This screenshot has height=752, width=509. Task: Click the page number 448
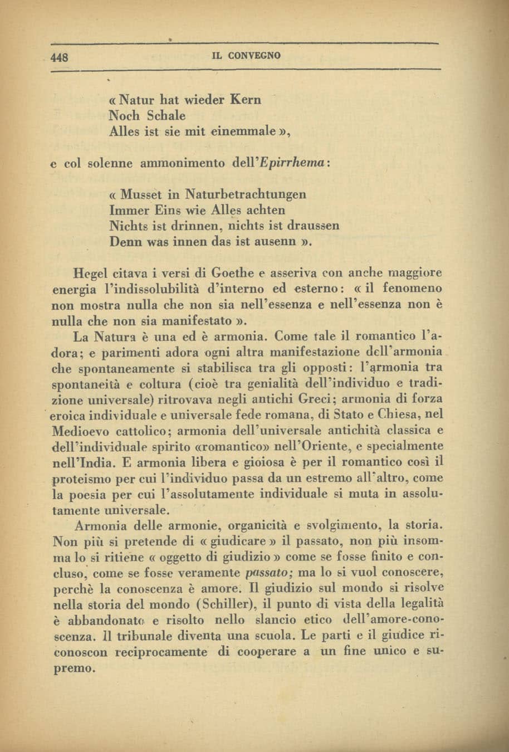click(58, 57)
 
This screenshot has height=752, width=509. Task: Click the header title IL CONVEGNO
click(247, 56)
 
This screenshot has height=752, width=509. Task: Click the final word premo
click(71, 667)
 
